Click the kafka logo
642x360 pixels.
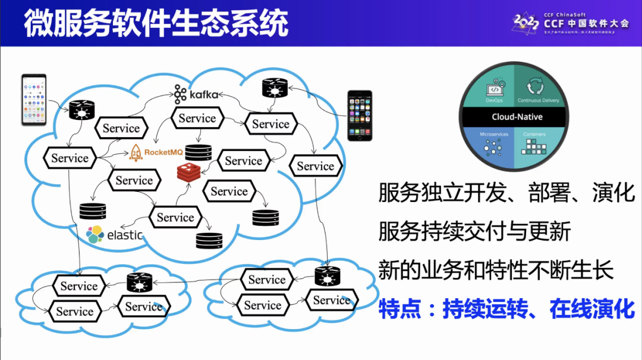coord(196,94)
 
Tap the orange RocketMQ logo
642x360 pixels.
coord(155,153)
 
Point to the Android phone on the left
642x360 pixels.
coord(34,100)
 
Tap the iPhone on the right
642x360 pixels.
coord(360,115)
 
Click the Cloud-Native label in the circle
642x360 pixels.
coord(517,117)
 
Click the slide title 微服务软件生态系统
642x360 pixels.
coord(156,24)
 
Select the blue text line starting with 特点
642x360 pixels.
coord(506,309)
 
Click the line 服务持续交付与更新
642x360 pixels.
coord(474,231)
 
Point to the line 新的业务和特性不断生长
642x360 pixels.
coord(496,270)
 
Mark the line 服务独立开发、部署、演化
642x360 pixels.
coord(506,192)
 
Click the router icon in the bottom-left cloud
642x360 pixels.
coord(140,283)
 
